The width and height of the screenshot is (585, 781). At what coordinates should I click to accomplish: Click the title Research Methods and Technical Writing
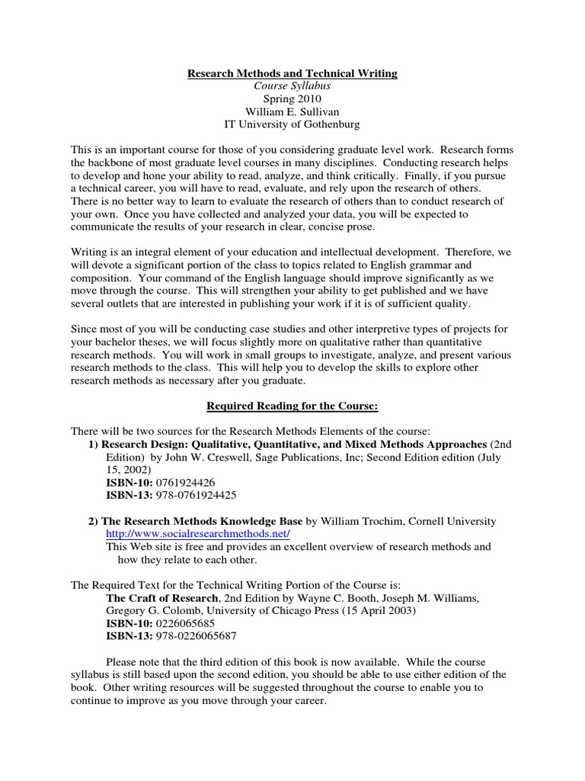pos(292,73)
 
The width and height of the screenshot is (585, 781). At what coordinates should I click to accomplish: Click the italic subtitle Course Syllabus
pos(292,86)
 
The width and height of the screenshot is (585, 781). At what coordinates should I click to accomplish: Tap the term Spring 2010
pos(292,99)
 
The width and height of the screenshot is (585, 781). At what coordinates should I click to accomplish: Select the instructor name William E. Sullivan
pos(292,112)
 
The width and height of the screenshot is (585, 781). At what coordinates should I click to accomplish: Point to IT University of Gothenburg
pos(292,125)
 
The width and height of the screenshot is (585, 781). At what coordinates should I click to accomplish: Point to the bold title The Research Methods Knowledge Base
pos(204,521)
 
